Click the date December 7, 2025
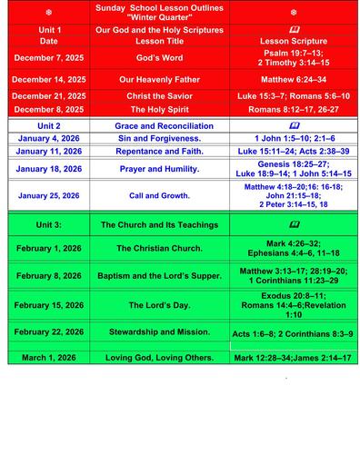click(x=48, y=57)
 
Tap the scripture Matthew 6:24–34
click(x=294, y=79)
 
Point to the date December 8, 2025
click(x=48, y=109)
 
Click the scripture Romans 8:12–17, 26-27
click(x=294, y=109)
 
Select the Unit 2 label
click(x=48, y=125)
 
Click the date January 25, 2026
click(x=48, y=195)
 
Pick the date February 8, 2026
click(x=48, y=275)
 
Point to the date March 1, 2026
click(x=48, y=357)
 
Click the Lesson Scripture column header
click(x=294, y=41)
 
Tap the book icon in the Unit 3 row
click(x=294, y=223)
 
